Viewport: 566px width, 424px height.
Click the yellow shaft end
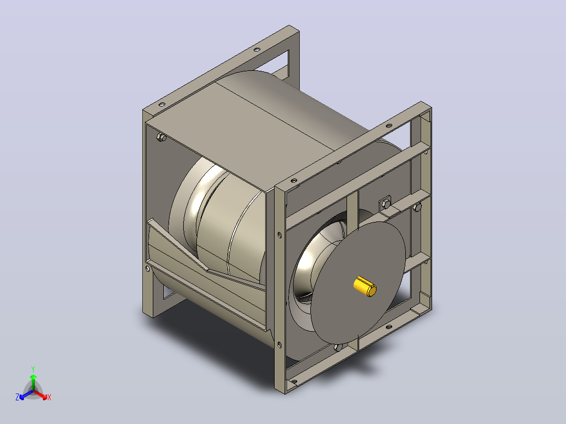pyautogui.click(x=365, y=287)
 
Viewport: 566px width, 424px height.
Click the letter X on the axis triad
pyautogui.click(x=49, y=397)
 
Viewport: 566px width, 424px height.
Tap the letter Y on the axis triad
pyautogui.click(x=33, y=369)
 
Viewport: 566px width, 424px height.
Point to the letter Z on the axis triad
pyautogui.click(x=17, y=397)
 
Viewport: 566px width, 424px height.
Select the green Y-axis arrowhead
pyautogui.click(x=33, y=377)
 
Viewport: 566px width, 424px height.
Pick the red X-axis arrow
pyautogui.click(x=40, y=394)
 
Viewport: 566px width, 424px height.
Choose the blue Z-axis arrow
pyautogui.click(x=26, y=395)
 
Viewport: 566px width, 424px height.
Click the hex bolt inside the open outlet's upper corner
pyautogui.click(x=161, y=137)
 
